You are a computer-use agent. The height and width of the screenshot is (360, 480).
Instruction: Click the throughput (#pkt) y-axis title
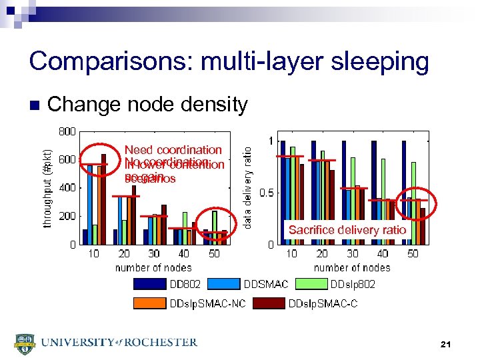tap(47, 188)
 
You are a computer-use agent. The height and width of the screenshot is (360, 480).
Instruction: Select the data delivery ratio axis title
tap(247, 189)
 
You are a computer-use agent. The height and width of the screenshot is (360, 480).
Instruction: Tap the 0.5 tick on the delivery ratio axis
tap(265, 193)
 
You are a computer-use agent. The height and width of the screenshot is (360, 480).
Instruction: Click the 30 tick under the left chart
tap(153, 254)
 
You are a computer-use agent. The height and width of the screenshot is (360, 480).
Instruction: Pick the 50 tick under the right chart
tap(413, 254)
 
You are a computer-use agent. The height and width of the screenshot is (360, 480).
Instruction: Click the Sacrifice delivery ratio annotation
tap(347, 230)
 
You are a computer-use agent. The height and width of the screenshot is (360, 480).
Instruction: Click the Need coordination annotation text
tap(173, 151)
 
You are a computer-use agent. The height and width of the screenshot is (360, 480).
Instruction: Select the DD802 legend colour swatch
tap(151, 285)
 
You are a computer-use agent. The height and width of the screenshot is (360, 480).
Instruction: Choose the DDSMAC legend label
tap(266, 285)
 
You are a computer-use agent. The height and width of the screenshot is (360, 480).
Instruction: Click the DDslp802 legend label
tap(353, 285)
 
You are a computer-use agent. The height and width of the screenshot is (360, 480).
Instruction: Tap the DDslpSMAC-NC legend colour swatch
tap(151, 304)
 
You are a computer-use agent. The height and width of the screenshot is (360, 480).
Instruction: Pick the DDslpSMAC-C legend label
tap(323, 304)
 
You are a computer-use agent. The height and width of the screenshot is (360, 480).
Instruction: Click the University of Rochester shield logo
tap(25, 344)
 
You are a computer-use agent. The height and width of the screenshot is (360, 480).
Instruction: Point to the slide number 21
tap(446, 345)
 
